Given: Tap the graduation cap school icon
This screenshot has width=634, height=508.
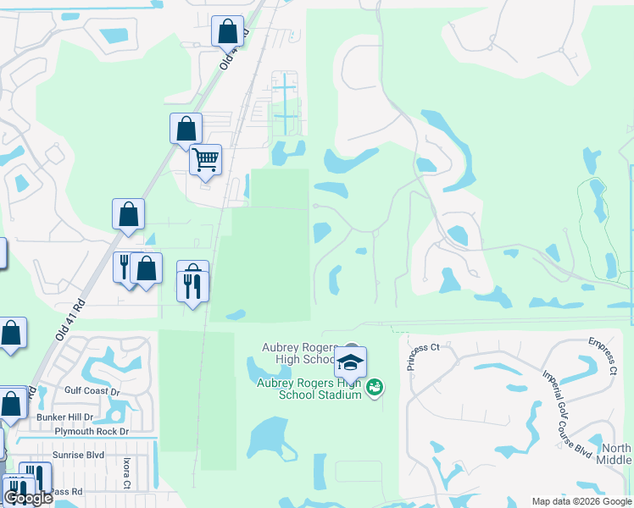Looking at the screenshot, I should tap(350, 363).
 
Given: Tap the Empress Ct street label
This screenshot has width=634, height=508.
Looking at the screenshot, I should tap(601, 356).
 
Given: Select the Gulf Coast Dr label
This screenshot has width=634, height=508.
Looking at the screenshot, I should tap(95, 391).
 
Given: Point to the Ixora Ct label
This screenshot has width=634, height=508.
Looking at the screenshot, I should tap(126, 473).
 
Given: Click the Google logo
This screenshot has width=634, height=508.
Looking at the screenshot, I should tap(28, 499).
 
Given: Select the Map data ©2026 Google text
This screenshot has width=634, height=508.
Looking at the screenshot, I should tap(581, 501).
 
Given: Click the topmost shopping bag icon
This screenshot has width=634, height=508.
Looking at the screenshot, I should tap(228, 31).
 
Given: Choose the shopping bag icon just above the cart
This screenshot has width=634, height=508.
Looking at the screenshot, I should tap(186, 130).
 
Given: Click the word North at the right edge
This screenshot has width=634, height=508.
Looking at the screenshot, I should tap(615, 448).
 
